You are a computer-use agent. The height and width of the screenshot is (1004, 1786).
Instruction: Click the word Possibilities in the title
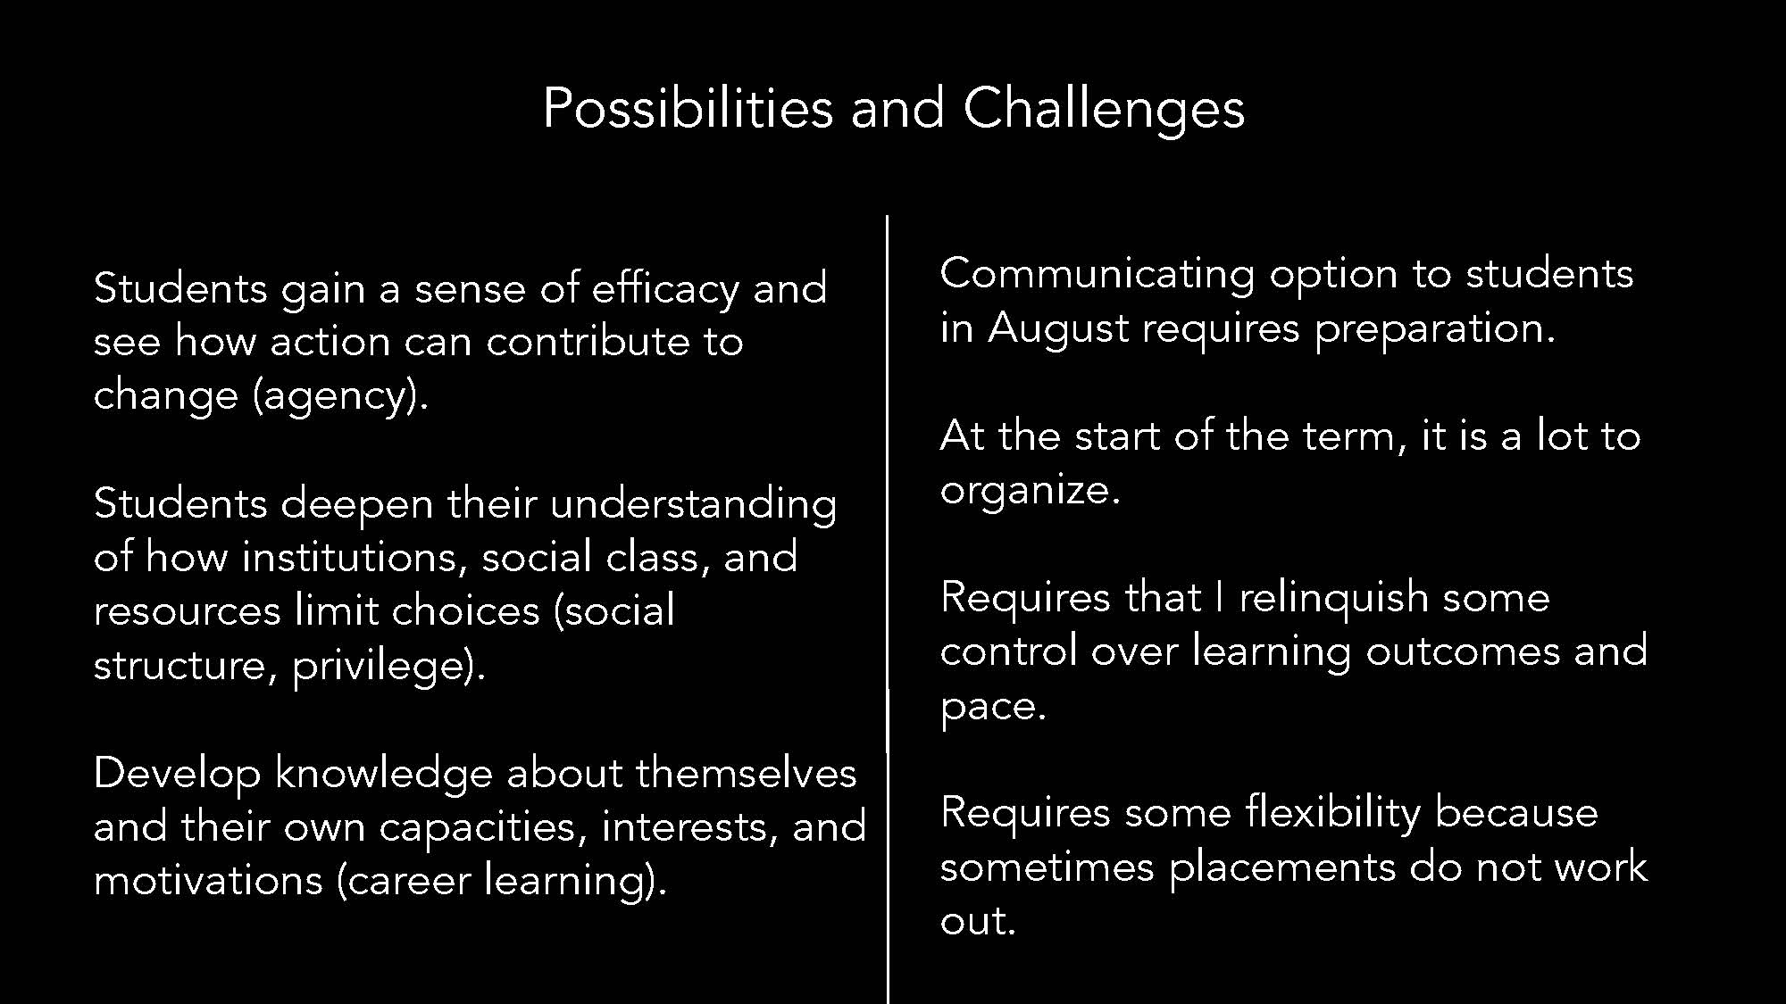click(x=688, y=109)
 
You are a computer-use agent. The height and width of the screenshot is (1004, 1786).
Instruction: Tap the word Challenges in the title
click(x=1103, y=109)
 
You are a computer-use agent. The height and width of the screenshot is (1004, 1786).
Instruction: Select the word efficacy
click(x=665, y=290)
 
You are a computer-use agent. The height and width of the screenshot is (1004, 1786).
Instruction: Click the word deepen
click(x=357, y=505)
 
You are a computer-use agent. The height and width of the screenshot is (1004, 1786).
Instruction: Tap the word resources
click(x=188, y=612)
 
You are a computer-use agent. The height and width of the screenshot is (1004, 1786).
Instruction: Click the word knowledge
click(x=383, y=774)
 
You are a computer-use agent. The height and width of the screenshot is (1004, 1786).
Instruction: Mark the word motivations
click(x=208, y=881)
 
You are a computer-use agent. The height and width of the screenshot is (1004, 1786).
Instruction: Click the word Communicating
click(x=1097, y=275)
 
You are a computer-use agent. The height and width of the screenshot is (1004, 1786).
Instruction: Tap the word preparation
click(x=1434, y=329)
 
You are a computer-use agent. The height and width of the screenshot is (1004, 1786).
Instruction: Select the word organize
click(x=1030, y=491)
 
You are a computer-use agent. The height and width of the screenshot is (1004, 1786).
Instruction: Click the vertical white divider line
click(x=887, y=610)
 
